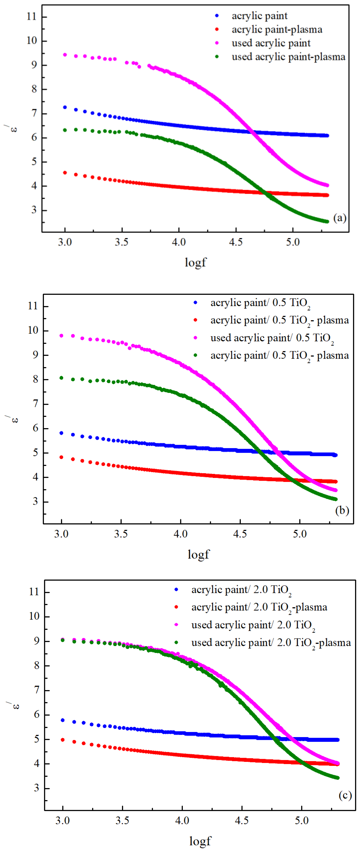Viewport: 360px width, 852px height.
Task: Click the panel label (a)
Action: point(340,218)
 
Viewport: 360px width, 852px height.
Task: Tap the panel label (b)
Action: point(342,510)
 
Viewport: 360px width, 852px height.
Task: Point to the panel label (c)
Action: point(345,795)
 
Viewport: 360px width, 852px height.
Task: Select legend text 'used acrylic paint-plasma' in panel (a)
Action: point(288,57)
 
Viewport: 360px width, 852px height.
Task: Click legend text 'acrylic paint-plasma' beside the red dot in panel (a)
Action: point(277,29)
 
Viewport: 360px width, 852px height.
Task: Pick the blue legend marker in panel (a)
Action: point(217,16)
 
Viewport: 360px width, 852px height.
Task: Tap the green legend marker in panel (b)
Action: point(195,355)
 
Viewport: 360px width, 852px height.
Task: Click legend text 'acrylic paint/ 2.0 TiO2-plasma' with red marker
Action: point(259,607)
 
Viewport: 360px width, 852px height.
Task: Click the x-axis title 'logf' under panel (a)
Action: point(195,262)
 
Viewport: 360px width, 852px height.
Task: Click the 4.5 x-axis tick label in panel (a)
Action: point(236,242)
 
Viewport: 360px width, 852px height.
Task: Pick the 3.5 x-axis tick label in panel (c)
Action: point(122,821)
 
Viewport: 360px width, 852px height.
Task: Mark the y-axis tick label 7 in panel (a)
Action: point(34,113)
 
